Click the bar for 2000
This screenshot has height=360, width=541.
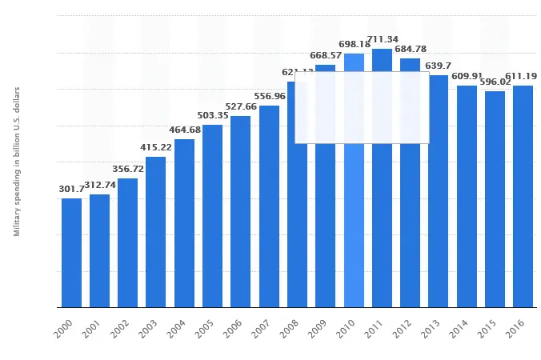point(71,252)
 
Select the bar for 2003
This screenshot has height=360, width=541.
point(156,231)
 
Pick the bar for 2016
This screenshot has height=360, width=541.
point(523,196)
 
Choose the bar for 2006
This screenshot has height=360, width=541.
point(240,211)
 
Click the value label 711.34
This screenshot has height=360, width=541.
point(383,39)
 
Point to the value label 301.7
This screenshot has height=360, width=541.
point(71,189)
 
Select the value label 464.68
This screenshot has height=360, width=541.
point(185,130)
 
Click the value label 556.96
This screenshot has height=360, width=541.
point(269,96)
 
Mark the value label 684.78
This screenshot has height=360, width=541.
point(411,50)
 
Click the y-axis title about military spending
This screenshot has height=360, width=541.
point(16,161)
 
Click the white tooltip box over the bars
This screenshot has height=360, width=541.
point(362,107)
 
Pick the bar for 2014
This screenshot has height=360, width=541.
point(467,196)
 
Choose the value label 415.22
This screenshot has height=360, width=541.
point(156,147)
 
